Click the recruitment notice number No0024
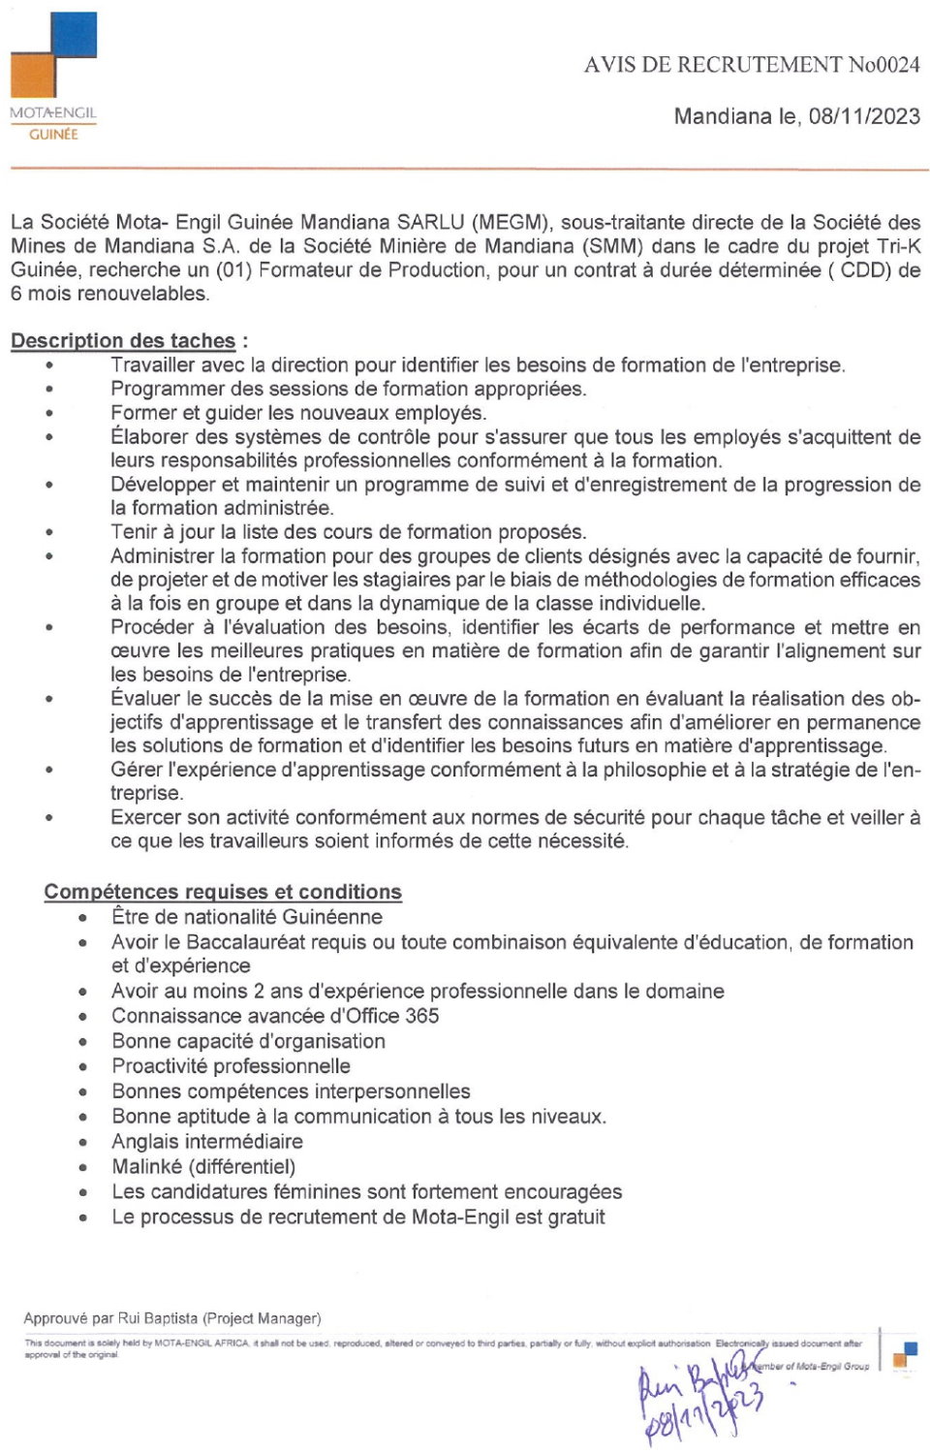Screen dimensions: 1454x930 point(883,65)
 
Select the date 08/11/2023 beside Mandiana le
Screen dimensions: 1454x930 point(864,116)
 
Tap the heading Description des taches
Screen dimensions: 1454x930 point(123,341)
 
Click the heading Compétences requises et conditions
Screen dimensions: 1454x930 point(223,892)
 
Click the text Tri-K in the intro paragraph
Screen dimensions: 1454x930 point(898,246)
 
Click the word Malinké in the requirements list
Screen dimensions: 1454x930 point(147,1167)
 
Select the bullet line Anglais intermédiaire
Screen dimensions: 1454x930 point(207,1142)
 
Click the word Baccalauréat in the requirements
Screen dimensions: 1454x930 point(251,942)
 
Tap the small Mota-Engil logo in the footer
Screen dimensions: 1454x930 point(905,1354)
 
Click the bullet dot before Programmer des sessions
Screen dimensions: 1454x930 point(48,390)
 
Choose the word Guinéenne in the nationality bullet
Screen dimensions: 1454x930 point(332,917)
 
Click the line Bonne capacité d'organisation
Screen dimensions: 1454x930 point(248,1041)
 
